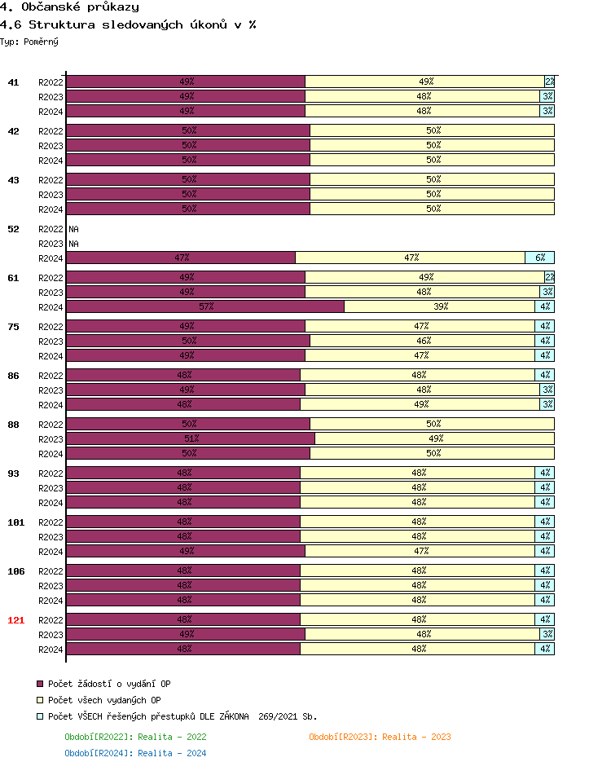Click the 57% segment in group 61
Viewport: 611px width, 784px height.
(205, 306)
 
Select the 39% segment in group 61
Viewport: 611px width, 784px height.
(440, 306)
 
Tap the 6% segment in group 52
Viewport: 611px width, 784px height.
(540, 258)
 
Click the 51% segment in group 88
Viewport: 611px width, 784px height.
(191, 438)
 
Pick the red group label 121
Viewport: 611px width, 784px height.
(15, 620)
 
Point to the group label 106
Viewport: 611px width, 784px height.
(15, 571)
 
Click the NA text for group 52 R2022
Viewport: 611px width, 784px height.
(73, 229)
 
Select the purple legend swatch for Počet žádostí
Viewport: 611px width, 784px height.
(39, 684)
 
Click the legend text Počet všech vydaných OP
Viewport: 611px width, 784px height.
(104, 700)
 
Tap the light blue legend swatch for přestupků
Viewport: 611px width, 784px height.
(39, 716)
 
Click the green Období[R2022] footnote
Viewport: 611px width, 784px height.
(135, 737)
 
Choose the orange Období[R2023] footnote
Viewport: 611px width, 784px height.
(380, 737)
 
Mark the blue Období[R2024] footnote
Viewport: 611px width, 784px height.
(135, 753)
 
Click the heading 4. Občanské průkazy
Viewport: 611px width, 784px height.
(69, 7)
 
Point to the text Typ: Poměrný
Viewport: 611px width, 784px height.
(29, 41)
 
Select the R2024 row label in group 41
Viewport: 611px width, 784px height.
(51, 112)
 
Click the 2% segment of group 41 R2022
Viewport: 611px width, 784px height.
(550, 81)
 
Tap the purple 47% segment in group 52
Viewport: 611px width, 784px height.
(181, 258)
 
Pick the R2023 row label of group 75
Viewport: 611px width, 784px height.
(51, 341)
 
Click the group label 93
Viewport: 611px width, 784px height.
(13, 473)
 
